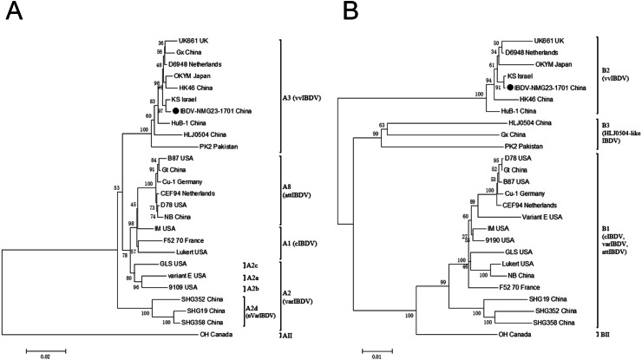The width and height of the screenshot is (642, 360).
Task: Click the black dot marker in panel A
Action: [176, 111]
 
